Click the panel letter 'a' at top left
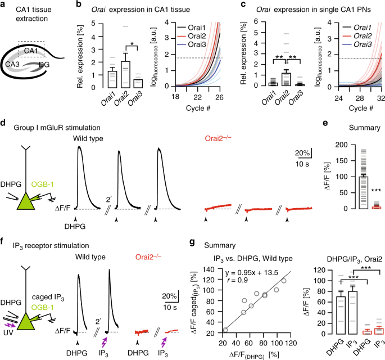pos(3,5)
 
